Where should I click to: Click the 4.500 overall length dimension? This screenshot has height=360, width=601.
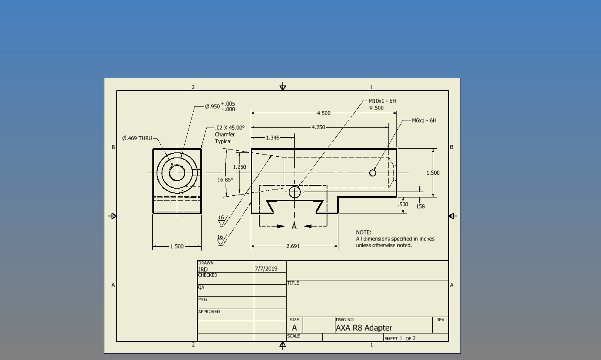[x=324, y=113]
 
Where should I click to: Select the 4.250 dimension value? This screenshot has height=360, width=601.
[x=319, y=127]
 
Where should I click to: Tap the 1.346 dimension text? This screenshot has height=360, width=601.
[x=273, y=138]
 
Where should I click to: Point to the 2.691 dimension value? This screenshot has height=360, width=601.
[x=293, y=246]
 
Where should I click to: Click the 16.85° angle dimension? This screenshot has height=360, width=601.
[x=226, y=180]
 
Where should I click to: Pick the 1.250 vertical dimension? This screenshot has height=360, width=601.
[x=239, y=167]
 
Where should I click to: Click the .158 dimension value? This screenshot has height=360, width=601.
[x=420, y=206]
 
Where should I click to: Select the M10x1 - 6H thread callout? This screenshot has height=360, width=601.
[x=382, y=101]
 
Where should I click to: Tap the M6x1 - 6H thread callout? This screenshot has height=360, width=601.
[x=424, y=120]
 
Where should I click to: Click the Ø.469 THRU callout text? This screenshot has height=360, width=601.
[x=137, y=138]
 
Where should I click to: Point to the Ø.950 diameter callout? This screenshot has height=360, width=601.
[x=220, y=107]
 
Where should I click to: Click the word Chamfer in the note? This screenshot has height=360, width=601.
[x=225, y=134]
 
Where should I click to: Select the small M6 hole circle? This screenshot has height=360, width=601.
[x=372, y=173]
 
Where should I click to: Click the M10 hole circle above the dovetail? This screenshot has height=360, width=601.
[x=295, y=192]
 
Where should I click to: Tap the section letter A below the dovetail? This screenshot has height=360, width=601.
[x=294, y=226]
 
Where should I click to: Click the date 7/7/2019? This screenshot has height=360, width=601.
[x=266, y=269]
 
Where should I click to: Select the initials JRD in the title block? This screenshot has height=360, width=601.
[x=203, y=269]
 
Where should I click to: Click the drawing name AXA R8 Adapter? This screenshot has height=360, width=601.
[x=364, y=328]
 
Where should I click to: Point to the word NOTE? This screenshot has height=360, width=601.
[x=364, y=232]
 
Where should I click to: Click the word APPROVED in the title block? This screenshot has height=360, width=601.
[x=209, y=312]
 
